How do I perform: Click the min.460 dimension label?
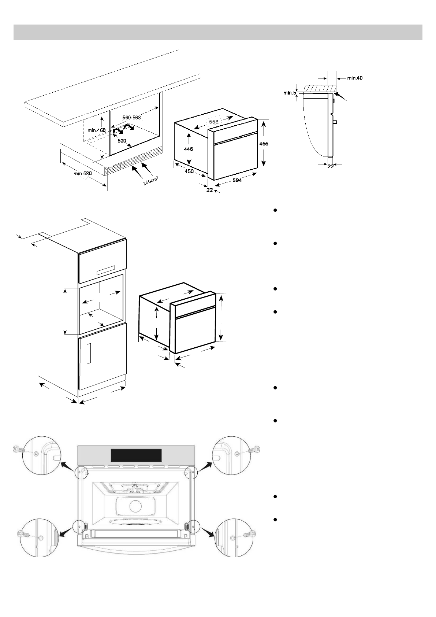(x=96, y=130)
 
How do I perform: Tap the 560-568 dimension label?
(x=131, y=117)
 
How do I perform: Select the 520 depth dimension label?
(x=122, y=141)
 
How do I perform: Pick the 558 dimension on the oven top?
(x=213, y=121)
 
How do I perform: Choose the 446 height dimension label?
(x=189, y=149)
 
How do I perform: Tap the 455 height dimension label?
(x=264, y=144)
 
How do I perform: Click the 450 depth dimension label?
(x=189, y=171)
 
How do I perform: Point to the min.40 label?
(x=355, y=78)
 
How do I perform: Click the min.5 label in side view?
(x=290, y=93)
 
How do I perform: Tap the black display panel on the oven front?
(x=136, y=455)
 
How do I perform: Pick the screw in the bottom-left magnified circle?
(x=24, y=534)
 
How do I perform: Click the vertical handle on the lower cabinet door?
(x=89, y=354)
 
